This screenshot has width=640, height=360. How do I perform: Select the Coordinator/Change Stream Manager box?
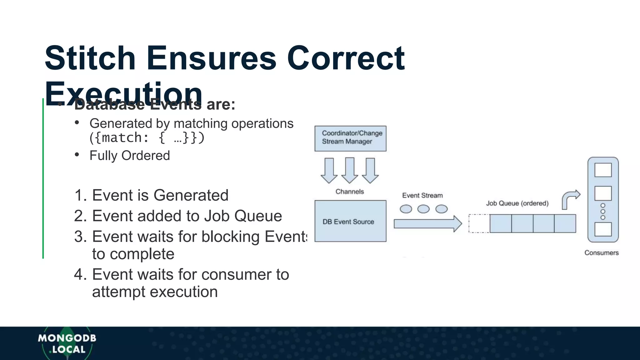tap(350, 138)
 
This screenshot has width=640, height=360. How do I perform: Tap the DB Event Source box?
tap(350, 221)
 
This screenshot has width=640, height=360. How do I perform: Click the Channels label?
tap(350, 192)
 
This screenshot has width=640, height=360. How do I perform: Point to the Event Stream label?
tap(422, 195)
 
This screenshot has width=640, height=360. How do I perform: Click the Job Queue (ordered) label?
tap(517, 203)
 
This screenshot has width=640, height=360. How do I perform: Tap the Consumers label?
tap(601, 252)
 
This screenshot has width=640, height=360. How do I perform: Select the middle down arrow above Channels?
tap(350, 170)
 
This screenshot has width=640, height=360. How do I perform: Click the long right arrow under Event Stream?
tap(427, 224)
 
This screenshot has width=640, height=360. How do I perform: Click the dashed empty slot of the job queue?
tap(479, 223)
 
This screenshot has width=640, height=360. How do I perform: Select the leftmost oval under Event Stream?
tap(406, 209)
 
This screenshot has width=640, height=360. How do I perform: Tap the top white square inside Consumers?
tap(603, 170)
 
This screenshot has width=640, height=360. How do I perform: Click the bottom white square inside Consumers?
tap(603, 229)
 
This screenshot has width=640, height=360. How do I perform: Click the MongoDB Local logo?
tap(67, 344)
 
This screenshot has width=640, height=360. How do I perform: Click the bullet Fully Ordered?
tap(129, 155)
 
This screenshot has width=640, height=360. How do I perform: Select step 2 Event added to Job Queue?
tap(178, 216)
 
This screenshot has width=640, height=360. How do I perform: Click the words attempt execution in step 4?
tap(155, 292)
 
